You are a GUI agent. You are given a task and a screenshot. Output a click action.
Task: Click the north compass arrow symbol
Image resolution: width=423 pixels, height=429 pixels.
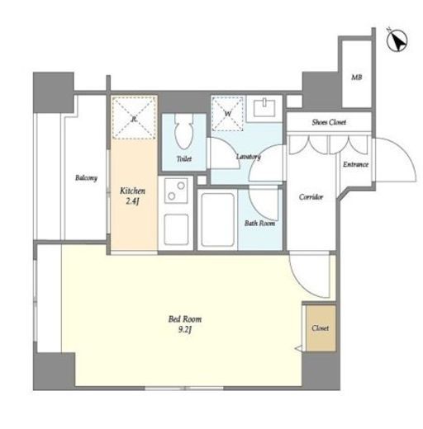tap(397, 40)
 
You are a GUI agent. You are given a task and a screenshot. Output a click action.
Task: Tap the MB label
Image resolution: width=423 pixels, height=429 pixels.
tap(356, 78)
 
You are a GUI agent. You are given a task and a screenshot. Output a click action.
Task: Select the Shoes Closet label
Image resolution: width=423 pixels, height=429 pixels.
tap(329, 122)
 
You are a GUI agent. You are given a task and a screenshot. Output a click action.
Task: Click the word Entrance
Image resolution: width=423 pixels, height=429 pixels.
tap(355, 164)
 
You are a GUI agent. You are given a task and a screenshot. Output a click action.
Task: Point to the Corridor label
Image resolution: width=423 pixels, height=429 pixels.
tap(311, 197)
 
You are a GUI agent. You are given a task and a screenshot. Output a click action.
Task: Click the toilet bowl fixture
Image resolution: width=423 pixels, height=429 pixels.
tap(184, 131)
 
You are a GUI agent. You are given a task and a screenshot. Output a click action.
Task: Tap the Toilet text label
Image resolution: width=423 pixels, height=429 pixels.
tap(184, 158)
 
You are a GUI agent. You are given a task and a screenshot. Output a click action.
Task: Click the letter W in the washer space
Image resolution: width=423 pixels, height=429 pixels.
tap(228, 113)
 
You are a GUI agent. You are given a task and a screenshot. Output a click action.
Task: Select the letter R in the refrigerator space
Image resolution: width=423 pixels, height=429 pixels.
tap(134, 119)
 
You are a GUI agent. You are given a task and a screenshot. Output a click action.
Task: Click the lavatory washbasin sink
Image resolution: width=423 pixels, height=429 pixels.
tap(264, 108)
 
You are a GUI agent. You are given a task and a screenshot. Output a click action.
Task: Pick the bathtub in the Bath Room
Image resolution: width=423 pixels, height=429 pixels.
tap(217, 220)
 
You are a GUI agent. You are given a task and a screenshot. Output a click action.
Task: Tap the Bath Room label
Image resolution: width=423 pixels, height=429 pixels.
tap(259, 223)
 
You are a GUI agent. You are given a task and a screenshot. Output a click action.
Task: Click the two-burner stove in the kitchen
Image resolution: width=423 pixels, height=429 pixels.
tap(176, 191)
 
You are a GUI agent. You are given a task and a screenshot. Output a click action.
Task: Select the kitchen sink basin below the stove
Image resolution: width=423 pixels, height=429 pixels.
tap(176, 229)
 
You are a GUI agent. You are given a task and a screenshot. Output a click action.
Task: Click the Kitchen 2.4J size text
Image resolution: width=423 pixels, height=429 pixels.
tap(132, 196)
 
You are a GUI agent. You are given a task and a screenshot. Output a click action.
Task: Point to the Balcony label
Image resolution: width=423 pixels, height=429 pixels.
tap(86, 177)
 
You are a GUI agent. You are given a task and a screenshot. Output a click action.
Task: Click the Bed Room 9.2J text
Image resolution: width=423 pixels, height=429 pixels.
tap(185, 324)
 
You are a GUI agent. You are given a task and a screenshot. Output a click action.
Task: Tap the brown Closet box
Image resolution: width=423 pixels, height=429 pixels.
tap(321, 328)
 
